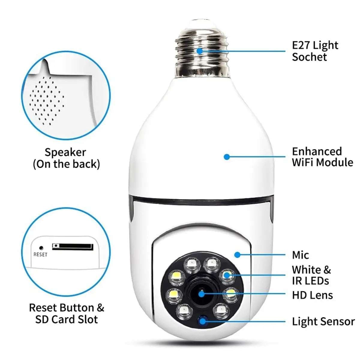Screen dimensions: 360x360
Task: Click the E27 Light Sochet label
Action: pyautogui.click(x=315, y=51)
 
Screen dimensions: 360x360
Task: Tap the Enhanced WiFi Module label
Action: pyautogui.click(x=322, y=157)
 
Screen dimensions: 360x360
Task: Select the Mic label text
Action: pyautogui.click(x=300, y=255)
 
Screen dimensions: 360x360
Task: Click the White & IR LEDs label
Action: pyautogui.click(x=311, y=275)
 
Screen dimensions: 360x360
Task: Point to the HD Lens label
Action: pyautogui.click(x=312, y=295)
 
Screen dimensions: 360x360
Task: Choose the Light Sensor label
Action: pyautogui.click(x=323, y=321)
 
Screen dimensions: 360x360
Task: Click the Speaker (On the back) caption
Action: pyautogui.click(x=66, y=158)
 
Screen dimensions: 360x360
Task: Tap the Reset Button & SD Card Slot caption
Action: pyautogui.click(x=66, y=313)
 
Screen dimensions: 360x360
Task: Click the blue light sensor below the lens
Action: pyautogui.click(x=203, y=320)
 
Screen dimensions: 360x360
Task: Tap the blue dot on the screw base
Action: pyautogui.click(x=199, y=51)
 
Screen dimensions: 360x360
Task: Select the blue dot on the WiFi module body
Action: pyautogui.click(x=227, y=157)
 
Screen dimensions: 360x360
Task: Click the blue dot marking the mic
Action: pyautogui.click(x=237, y=255)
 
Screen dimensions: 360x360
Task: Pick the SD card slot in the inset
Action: pyautogui.click(x=73, y=247)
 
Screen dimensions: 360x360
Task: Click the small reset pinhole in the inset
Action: pyautogui.click(x=41, y=248)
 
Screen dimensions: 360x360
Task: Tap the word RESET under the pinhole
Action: pyautogui.click(x=40, y=254)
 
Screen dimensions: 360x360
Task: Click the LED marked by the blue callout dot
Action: pyautogui.click(x=226, y=275)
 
